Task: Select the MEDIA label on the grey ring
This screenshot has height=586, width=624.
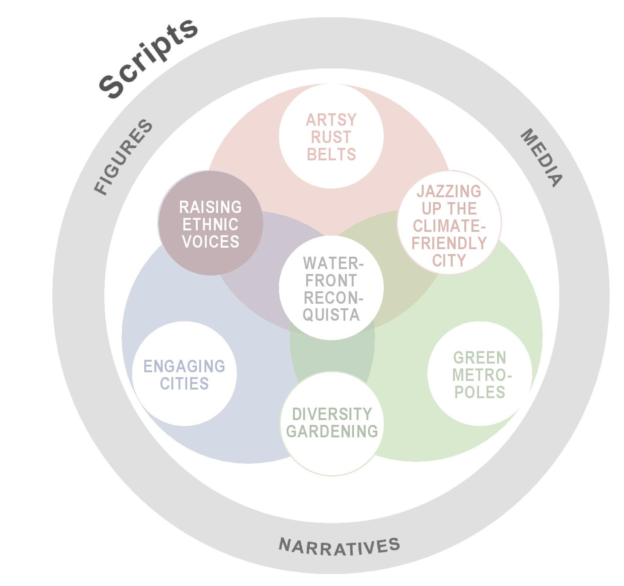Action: click(x=542, y=158)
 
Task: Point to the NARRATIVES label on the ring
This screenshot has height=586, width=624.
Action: click(x=339, y=546)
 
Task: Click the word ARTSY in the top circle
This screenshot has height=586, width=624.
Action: click(x=331, y=120)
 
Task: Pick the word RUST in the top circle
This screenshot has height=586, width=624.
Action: click(x=331, y=137)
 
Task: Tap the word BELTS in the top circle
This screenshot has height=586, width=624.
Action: click(x=331, y=154)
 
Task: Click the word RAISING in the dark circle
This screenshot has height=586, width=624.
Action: click(x=210, y=207)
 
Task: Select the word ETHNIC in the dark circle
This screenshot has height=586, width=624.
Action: click(x=210, y=224)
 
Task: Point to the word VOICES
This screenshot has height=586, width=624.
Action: click(x=210, y=242)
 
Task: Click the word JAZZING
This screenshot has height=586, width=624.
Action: click(x=449, y=191)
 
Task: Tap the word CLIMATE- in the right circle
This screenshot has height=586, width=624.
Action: click(x=449, y=226)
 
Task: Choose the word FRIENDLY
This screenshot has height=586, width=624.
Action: click(x=449, y=243)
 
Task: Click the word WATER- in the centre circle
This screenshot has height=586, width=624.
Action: click(x=333, y=263)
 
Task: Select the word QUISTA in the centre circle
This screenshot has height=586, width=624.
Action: click(x=331, y=315)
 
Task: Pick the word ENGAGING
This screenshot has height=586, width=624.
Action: click(x=184, y=366)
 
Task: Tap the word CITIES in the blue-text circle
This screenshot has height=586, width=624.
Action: click(x=184, y=384)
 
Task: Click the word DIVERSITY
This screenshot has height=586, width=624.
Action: click(x=332, y=414)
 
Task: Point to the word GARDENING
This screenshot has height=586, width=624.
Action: click(x=332, y=431)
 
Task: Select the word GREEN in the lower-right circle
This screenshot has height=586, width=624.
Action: click(x=479, y=358)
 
